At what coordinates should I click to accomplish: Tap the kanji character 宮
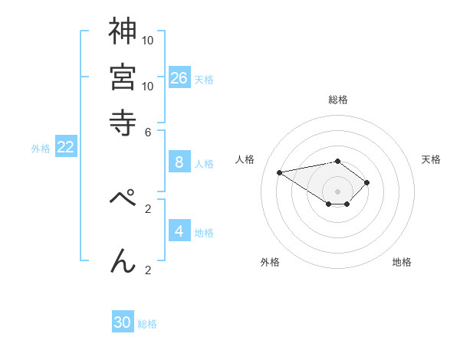coord(123,76)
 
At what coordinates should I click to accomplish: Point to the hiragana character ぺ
coord(123,197)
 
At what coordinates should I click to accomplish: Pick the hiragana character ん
coord(123,260)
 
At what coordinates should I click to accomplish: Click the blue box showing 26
coord(179,77)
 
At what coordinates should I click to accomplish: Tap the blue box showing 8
coord(179,162)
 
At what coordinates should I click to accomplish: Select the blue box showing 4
coord(179,231)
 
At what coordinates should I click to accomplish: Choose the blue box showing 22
coord(66,147)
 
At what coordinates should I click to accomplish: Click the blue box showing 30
coord(123,322)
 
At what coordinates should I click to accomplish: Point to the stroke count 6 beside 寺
coord(148,132)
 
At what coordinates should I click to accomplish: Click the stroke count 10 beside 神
coord(148,40)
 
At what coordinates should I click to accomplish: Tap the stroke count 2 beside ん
coord(148,270)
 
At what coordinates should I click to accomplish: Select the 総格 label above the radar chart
coord(338,100)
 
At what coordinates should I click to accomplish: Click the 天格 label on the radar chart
coord(431,159)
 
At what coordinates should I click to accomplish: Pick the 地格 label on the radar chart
coord(402,262)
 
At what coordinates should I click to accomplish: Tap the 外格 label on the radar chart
coord(270,262)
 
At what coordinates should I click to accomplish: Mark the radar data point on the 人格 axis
coord(280,172)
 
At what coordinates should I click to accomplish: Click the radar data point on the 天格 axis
coord(367,182)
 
